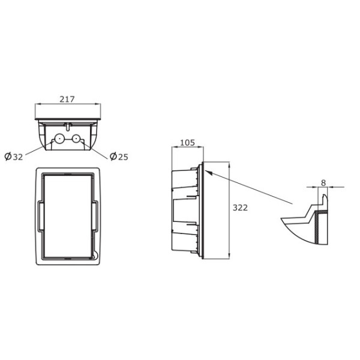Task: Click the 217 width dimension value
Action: tap(67, 100)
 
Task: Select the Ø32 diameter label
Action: tap(14, 157)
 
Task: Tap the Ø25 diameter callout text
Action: tap(119, 157)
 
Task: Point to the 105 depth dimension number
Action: tap(187, 143)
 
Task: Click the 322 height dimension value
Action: tap(241, 208)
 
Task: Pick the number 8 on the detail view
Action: tap(323, 182)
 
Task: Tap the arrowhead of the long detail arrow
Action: tap(208, 170)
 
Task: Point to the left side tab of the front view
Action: tap(38, 216)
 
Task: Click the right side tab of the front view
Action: tap(95, 216)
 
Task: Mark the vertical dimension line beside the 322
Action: tap(230, 210)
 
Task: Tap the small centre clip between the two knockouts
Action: tap(68, 127)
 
